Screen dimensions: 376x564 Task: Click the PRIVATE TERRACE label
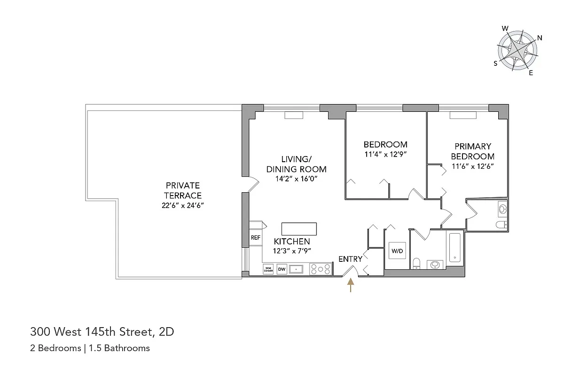[183, 190]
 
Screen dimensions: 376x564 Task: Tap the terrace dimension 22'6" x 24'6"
[183, 205]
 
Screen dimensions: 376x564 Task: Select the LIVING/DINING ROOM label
[296, 164]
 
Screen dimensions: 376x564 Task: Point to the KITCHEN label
[292, 241]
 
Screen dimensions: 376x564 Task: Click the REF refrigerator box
[255, 238]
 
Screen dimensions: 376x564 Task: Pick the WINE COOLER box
[268, 269]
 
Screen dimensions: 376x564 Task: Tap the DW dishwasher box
[282, 269]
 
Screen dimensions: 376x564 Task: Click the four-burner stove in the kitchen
[321, 269]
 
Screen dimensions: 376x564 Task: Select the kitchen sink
[297, 269]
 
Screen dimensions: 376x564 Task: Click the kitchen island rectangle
[299, 229]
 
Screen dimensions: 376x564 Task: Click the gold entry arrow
[350, 285]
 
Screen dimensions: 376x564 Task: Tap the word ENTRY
[350, 259]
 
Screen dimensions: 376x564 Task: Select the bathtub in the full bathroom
[455, 247]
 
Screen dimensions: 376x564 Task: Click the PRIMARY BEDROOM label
[472, 151]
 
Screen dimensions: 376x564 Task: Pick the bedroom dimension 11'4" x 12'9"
[385, 154]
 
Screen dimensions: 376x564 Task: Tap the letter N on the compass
[540, 38]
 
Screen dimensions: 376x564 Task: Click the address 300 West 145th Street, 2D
[102, 332]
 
